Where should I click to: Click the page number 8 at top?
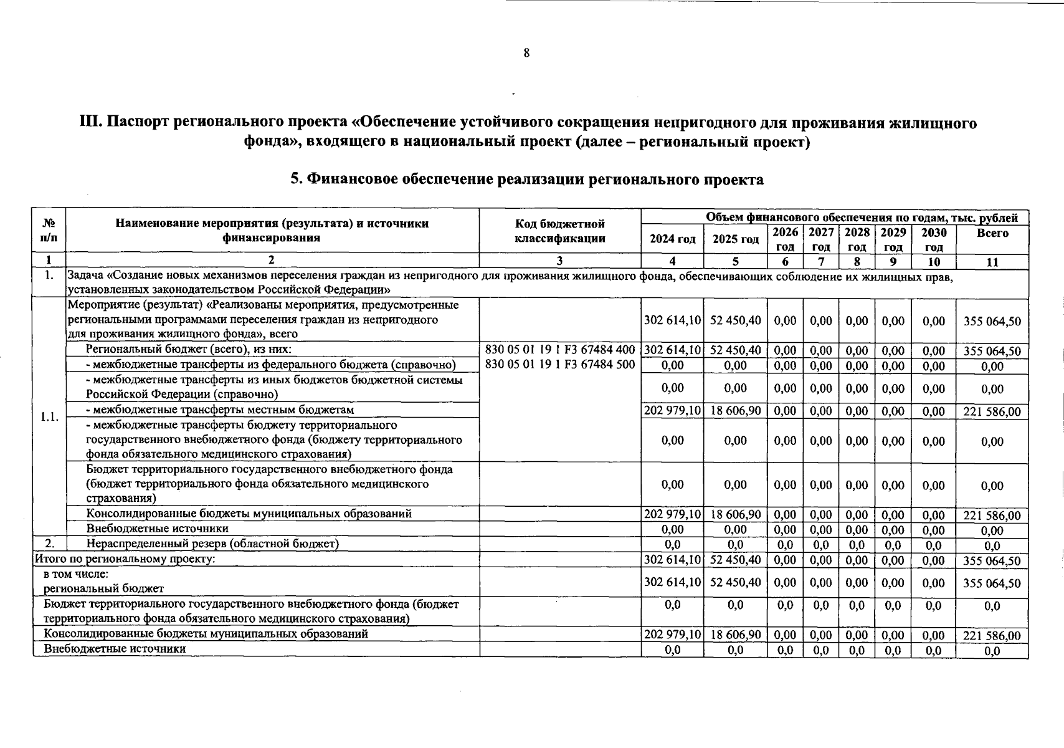(x=526, y=53)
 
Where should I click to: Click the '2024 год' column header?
(x=672, y=239)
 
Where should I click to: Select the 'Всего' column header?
(x=992, y=233)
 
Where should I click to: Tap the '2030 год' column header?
(x=933, y=239)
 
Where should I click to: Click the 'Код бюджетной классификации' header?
(x=559, y=231)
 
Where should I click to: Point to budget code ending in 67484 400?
(x=559, y=350)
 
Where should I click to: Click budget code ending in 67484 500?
(x=559, y=365)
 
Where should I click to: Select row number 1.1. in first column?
(x=49, y=417)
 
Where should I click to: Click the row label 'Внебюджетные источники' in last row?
(x=115, y=649)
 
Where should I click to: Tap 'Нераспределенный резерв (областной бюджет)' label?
(x=212, y=544)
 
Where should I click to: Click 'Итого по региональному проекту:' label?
(x=125, y=559)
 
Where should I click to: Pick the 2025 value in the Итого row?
(x=735, y=560)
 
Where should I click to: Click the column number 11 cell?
(x=992, y=262)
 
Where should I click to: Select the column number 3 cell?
(x=559, y=261)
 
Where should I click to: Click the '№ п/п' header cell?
(x=49, y=231)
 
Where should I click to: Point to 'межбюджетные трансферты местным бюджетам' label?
(x=219, y=410)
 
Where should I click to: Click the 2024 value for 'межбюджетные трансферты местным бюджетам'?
(x=672, y=411)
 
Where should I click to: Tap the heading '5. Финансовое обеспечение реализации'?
(x=526, y=180)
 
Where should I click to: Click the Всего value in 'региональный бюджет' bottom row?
(x=992, y=583)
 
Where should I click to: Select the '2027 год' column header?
(x=821, y=239)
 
